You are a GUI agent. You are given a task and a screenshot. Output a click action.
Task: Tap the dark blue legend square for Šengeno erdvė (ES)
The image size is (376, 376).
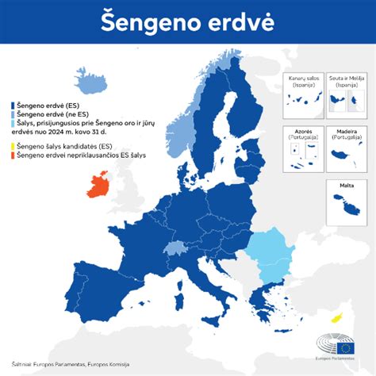pyautogui.click(x=11, y=104)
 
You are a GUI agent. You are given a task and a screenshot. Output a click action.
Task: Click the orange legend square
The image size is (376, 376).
pyautogui.click(x=11, y=156)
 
